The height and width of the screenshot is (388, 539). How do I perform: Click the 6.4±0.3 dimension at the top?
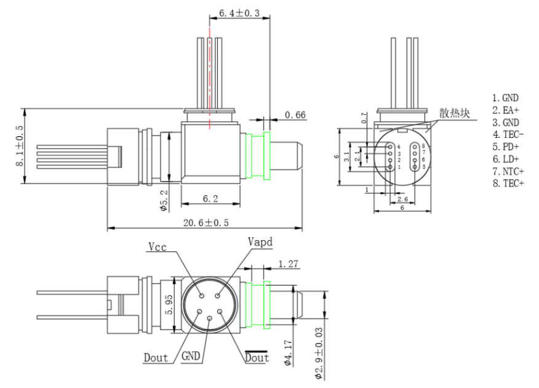[239, 13]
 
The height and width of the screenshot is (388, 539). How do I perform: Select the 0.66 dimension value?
[295, 115]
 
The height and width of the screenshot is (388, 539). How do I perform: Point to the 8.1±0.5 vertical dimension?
[19, 145]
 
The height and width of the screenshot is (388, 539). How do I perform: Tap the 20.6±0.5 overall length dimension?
[206, 223]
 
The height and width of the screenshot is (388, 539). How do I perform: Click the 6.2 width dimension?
[210, 199]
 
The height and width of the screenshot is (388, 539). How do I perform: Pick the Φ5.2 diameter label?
[164, 200]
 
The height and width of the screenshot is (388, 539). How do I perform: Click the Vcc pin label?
[158, 246]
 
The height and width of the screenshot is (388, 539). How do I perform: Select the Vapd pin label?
[260, 242]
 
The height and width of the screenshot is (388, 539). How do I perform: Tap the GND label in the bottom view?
[191, 355]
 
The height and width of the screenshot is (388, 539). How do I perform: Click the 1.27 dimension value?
[288, 264]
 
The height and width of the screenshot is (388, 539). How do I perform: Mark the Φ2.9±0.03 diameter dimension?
[319, 354]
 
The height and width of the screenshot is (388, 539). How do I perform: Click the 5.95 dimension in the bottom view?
[169, 304]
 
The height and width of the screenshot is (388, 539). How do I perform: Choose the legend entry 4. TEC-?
[508, 134]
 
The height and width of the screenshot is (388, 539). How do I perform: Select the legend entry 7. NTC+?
[508, 171]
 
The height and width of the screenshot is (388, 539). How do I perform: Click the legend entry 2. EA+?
[506, 110]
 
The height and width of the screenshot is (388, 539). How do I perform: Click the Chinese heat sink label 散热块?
[455, 113]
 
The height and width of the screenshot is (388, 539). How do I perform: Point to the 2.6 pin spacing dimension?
[402, 199]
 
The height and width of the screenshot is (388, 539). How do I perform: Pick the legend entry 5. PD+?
[506, 147]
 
